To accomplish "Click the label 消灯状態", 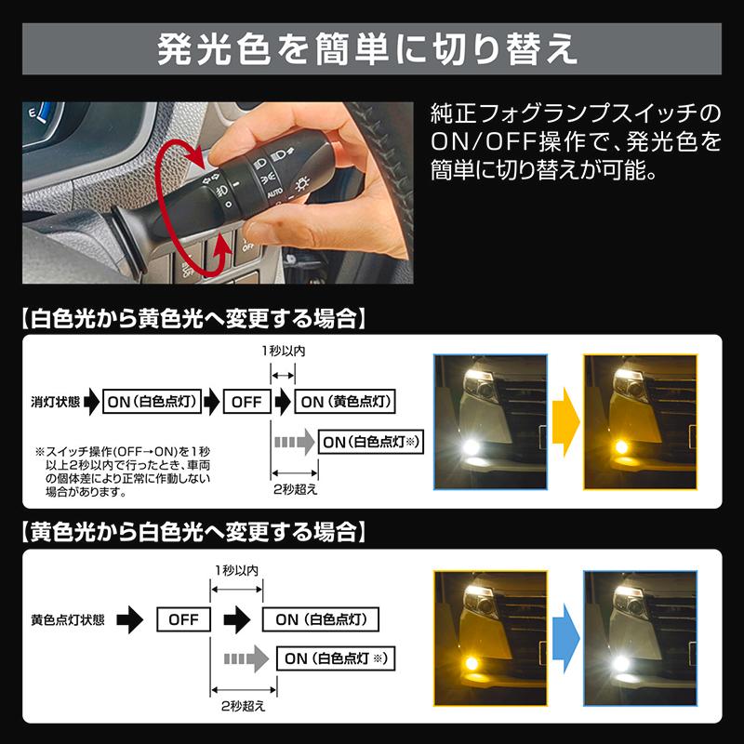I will (x=55, y=402).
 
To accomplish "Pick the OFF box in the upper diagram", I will (x=246, y=402).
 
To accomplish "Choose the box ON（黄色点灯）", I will (x=345, y=402).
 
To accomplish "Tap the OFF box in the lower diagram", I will (x=183, y=618).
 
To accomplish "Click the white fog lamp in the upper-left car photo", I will (x=471, y=447).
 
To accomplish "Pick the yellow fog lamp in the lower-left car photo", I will (x=471, y=663).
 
